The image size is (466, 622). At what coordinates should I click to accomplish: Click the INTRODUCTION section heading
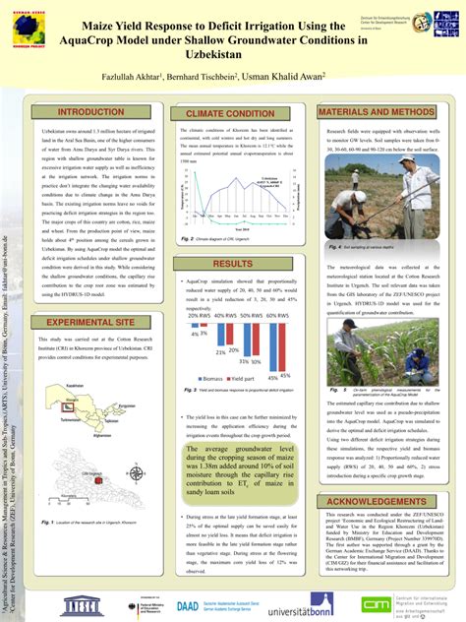point(89,113)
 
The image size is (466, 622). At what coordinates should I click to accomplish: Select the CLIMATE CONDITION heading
point(234,114)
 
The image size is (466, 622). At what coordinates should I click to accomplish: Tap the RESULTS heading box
point(233,264)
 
